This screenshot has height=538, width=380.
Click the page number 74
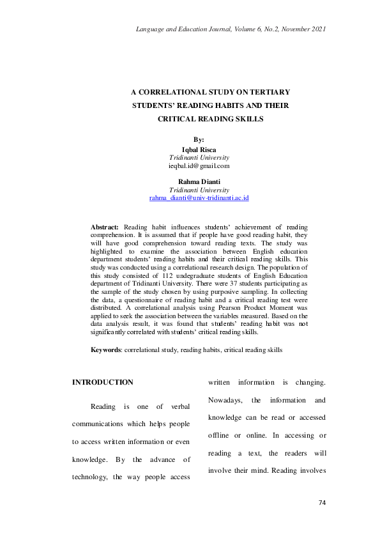pyautogui.click(x=322, y=503)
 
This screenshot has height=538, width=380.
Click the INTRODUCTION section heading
pyautogui.click(x=102, y=382)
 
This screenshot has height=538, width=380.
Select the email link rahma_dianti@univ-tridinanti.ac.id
pyautogui.click(x=199, y=199)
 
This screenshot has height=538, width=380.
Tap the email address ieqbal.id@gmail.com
pyautogui.click(x=199, y=166)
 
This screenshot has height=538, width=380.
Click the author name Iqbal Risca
pyautogui.click(x=199, y=149)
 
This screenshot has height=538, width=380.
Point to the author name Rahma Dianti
pyautogui.click(x=199, y=181)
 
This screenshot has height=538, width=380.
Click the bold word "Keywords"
pyautogui.click(x=105, y=350)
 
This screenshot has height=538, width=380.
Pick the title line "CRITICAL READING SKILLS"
pyautogui.click(x=199, y=119)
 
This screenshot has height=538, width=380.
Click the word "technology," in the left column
pyautogui.click(x=92, y=478)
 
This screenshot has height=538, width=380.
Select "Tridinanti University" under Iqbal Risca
pyautogui.click(x=199, y=157)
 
